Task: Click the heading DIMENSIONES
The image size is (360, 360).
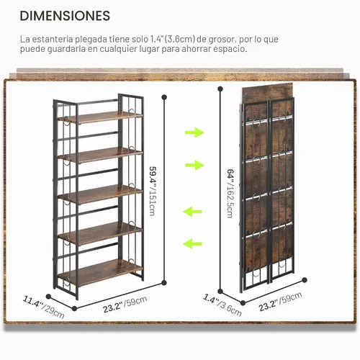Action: point(65,16)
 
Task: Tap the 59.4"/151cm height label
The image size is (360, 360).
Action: point(153,191)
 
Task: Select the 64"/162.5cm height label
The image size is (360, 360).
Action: point(230,194)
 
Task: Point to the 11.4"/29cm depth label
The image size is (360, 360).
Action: point(43,307)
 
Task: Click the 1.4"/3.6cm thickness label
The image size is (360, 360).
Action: point(222,305)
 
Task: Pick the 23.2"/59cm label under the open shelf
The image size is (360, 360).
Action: point(125,305)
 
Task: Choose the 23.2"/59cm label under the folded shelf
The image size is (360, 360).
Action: point(280,302)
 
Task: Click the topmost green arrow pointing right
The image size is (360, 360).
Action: point(194,132)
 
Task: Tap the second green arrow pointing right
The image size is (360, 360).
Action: point(194,165)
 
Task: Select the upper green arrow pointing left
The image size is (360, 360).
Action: point(192,212)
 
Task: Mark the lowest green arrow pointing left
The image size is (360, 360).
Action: point(192,244)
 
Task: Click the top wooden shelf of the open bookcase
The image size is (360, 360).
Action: point(100,117)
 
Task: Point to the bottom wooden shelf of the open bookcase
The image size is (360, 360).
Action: point(100,272)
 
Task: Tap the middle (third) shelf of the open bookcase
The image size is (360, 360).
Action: point(100,194)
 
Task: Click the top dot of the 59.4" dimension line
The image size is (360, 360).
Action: point(164,97)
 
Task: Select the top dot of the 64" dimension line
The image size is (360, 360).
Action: point(220,89)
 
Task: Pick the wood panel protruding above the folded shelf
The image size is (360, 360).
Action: point(267,92)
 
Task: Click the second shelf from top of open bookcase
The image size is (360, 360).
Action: point(100,155)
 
